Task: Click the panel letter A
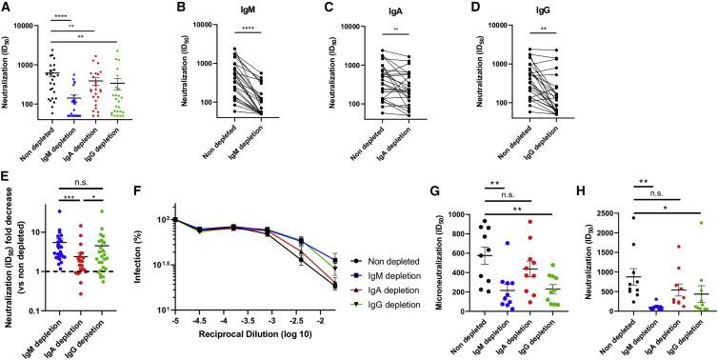pos(7,8)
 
